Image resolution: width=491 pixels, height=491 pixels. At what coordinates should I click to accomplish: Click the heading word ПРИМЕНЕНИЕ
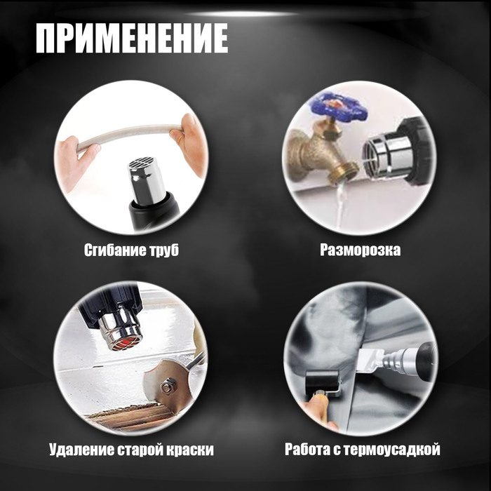click(x=132, y=38)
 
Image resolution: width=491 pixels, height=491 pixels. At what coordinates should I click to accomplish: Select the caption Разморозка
click(x=360, y=250)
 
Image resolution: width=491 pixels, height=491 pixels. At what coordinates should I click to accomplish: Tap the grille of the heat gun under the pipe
click(x=144, y=163)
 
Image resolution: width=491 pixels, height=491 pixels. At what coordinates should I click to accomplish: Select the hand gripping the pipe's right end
click(x=187, y=142)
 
